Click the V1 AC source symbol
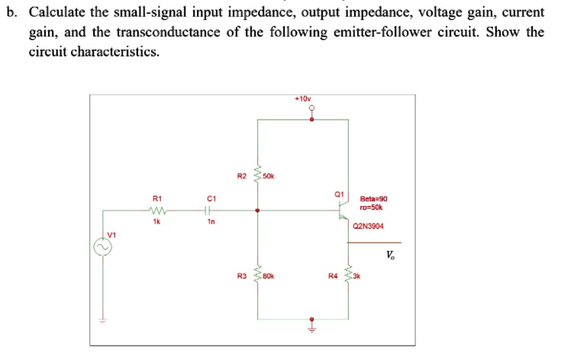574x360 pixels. pyautogui.click(x=102, y=247)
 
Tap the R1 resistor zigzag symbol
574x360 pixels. pyautogui.click(x=157, y=211)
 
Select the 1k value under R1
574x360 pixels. pyautogui.click(x=156, y=222)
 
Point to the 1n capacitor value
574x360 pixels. pyautogui.click(x=211, y=222)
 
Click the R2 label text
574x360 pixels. pyautogui.click(x=242, y=176)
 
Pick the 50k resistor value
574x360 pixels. pyautogui.click(x=269, y=176)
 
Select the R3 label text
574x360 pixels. pyautogui.click(x=242, y=276)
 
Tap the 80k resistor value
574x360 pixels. pyautogui.click(x=269, y=276)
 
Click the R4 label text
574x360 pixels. pyautogui.click(x=333, y=276)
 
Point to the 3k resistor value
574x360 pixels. pyautogui.click(x=356, y=276)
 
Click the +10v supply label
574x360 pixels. pyautogui.click(x=303, y=99)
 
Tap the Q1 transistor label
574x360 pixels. pyautogui.click(x=340, y=194)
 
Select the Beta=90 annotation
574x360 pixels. pyautogui.click(x=374, y=199)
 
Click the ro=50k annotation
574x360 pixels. pyautogui.click(x=371, y=207)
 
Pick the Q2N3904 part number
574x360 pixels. pyautogui.click(x=368, y=226)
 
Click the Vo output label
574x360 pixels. pyautogui.click(x=391, y=255)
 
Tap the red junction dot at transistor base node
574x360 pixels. pyautogui.click(x=257, y=211)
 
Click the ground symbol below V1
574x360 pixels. pyautogui.click(x=102, y=321)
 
